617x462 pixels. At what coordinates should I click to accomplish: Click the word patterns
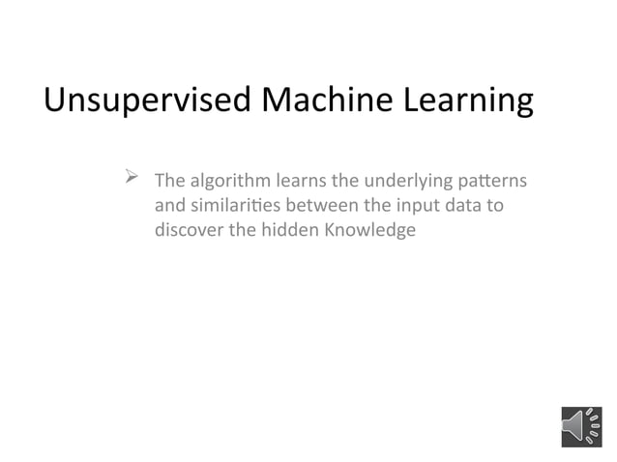click(493, 181)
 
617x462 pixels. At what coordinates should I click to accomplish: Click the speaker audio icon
click(581, 426)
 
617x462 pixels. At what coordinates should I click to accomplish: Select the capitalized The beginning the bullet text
click(170, 181)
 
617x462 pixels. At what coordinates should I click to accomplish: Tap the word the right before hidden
click(242, 231)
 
